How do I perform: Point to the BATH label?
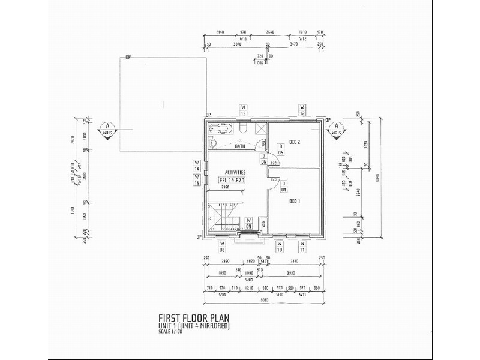[241, 146]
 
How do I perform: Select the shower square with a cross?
[260, 129]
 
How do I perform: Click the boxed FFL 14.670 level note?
[233, 180]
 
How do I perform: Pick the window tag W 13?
[244, 110]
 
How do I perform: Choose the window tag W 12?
[302, 110]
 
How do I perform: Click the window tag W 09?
[248, 224]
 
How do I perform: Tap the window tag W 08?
[222, 247]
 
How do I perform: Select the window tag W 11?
[303, 247]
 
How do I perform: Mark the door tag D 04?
[282, 188]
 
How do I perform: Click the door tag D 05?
[281, 149]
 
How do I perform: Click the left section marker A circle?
[108, 128]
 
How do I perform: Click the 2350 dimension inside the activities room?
[225, 187]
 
